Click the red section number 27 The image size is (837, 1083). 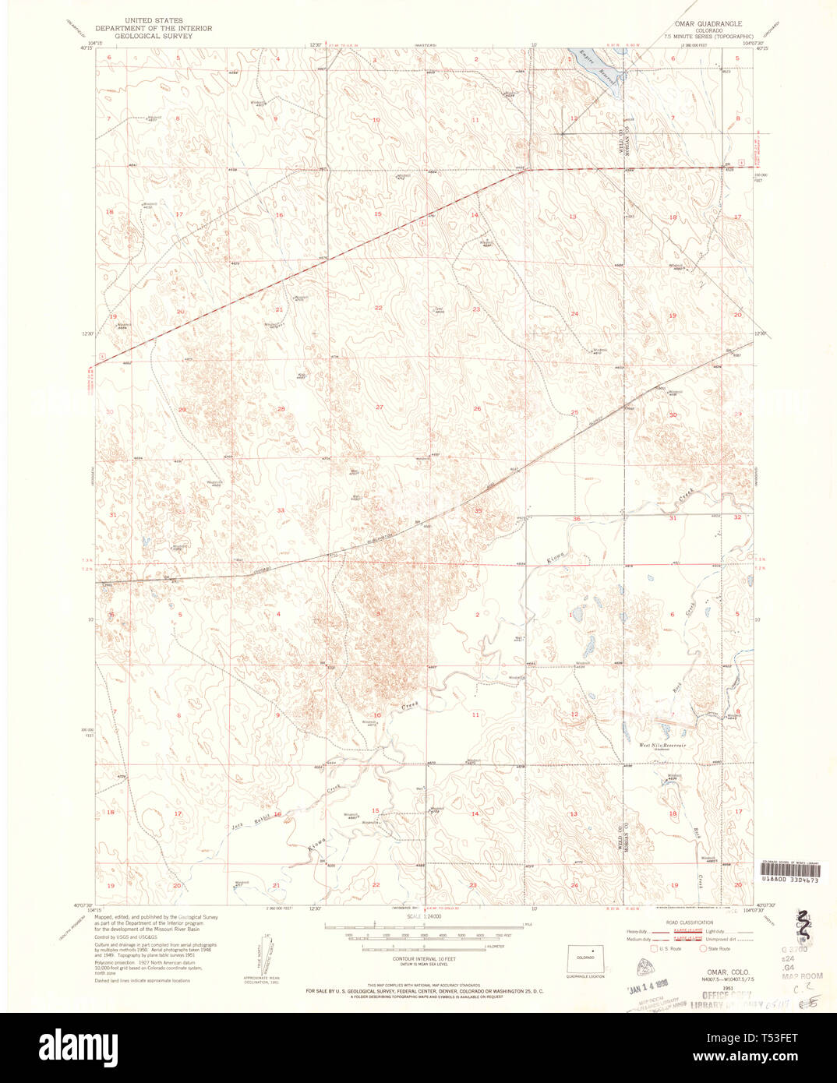(x=379, y=407)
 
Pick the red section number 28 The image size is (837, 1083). (x=281, y=409)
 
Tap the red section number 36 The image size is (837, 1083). (x=577, y=518)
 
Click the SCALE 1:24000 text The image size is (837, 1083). (x=423, y=916)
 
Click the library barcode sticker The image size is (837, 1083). (x=789, y=870)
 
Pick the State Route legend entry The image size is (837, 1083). (x=715, y=949)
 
